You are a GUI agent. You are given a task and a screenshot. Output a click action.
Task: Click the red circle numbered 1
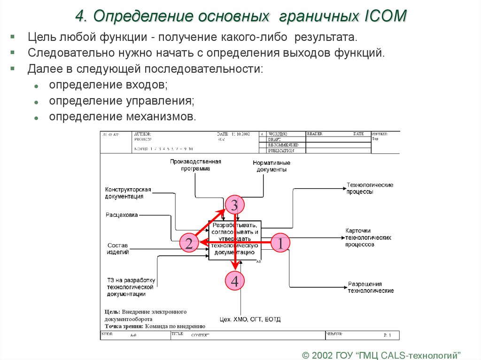click(x=280, y=243)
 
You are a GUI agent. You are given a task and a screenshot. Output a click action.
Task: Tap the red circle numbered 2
click(x=188, y=243)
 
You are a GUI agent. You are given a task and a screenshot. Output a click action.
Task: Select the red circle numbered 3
click(x=234, y=205)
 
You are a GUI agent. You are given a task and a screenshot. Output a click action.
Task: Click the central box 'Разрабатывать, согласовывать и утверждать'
click(x=235, y=240)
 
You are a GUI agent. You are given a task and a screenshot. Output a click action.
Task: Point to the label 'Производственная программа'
click(x=195, y=165)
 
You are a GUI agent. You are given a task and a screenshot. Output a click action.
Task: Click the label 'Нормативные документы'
click(x=272, y=166)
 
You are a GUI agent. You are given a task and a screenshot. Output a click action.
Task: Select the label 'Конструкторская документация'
click(x=128, y=193)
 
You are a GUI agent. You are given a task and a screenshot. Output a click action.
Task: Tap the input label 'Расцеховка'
click(x=122, y=215)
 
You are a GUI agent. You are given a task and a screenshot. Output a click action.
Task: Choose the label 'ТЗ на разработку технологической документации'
click(x=131, y=287)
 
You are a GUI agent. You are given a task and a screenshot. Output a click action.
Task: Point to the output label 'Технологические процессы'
click(x=370, y=188)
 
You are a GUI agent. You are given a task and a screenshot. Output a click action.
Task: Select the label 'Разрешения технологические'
click(x=370, y=287)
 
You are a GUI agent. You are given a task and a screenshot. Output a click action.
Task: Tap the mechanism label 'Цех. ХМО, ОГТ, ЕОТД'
click(x=250, y=320)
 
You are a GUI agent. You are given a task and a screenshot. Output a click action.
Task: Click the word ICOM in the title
click(x=385, y=16)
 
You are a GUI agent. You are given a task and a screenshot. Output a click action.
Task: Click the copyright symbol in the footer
click(x=306, y=353)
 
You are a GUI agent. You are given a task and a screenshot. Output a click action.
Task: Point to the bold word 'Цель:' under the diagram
click(x=112, y=312)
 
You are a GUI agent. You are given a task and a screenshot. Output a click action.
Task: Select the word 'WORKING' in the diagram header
click(x=278, y=134)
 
